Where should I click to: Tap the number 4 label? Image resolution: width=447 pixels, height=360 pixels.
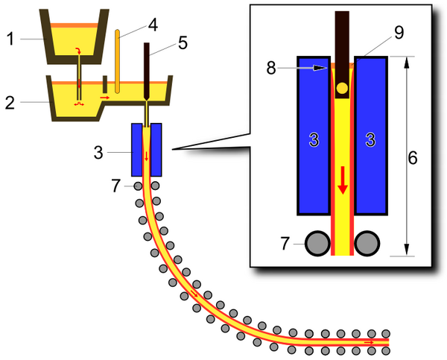coord(152,24)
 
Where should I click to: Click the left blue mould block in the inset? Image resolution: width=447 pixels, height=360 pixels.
coord(314,138)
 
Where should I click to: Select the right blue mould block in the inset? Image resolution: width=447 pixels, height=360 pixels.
coord(370,138)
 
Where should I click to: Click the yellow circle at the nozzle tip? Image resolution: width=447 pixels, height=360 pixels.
coord(342,89)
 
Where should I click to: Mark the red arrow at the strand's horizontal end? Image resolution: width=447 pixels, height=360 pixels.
coord(369,342)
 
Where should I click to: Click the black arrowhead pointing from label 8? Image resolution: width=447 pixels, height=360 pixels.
coord(322,67)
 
